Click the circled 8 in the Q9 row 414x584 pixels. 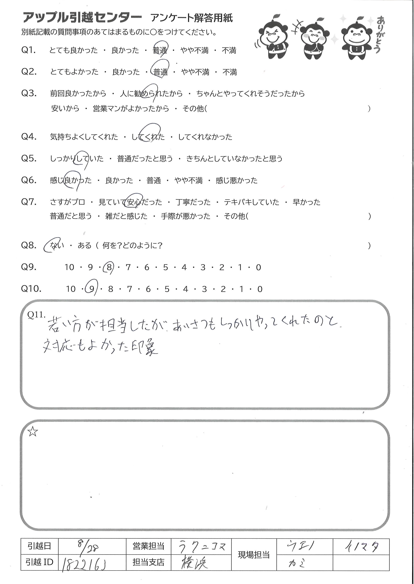[x=109, y=267]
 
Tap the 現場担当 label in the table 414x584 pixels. [x=254, y=555]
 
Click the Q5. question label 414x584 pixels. [x=29, y=158]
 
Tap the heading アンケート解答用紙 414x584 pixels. [x=191, y=18]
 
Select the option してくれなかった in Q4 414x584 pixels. [x=205, y=137]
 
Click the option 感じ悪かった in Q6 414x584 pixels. [x=236, y=180]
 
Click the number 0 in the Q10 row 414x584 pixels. [x=259, y=289]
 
